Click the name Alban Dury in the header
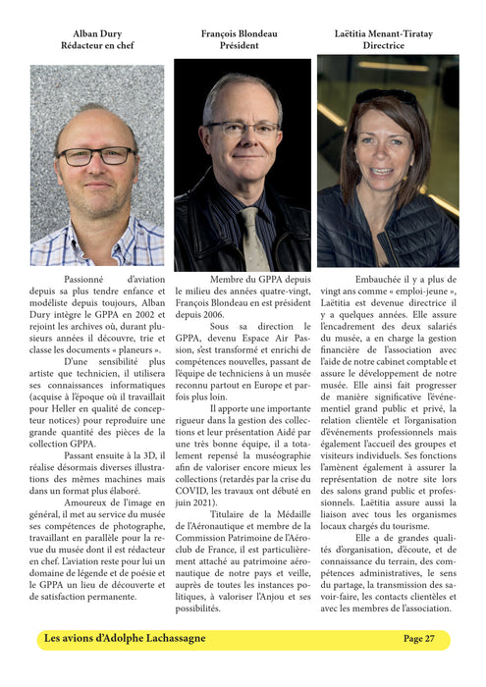(97, 33)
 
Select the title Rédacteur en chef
(97, 46)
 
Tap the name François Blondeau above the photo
(243, 33)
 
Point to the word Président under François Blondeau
(243, 46)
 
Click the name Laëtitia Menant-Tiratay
(388, 33)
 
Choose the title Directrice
(388, 46)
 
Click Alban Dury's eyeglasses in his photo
(95, 156)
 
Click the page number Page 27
(419, 639)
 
